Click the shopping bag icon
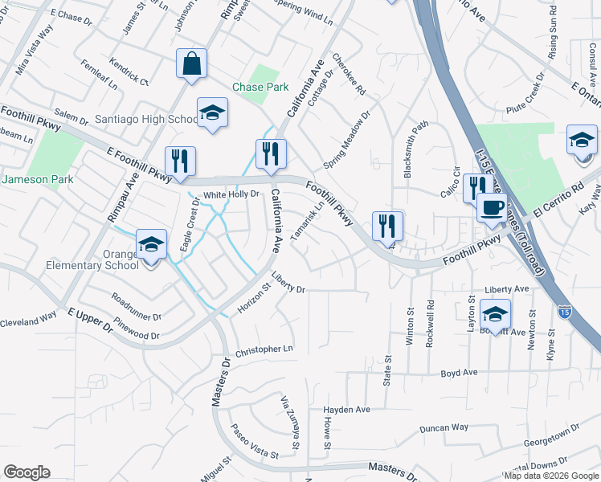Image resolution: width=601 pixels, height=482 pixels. [x=192, y=64]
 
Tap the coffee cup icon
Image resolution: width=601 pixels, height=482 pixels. [x=491, y=207]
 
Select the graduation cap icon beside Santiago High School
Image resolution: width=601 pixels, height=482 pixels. [x=213, y=113]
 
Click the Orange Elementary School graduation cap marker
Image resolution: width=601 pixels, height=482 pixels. [x=151, y=244]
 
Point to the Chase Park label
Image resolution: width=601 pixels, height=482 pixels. [x=255, y=87]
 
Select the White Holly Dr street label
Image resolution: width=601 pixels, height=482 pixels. [x=231, y=194]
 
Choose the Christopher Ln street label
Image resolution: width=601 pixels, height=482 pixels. [x=265, y=350]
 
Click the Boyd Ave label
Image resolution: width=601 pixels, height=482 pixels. [x=459, y=373]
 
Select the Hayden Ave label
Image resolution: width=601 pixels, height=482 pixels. [x=346, y=409]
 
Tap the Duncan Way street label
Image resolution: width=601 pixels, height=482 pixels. [x=444, y=427]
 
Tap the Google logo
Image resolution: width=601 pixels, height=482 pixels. [x=27, y=472]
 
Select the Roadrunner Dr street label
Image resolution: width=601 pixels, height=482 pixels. [x=137, y=307]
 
